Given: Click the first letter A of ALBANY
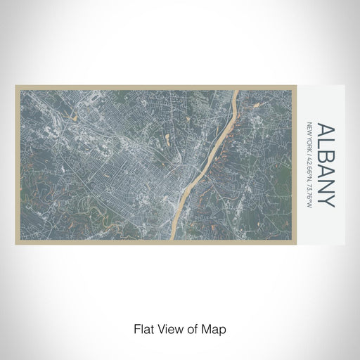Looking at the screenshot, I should [x=326, y=131].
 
